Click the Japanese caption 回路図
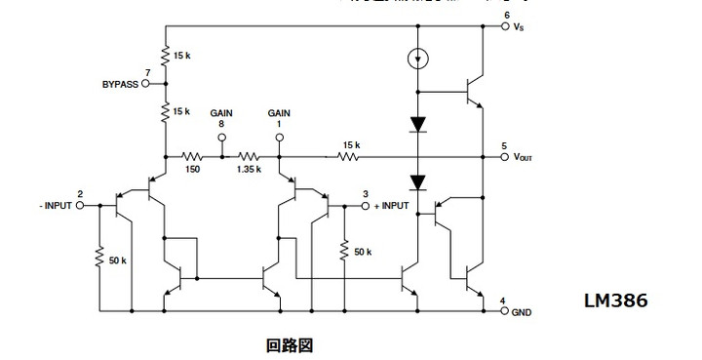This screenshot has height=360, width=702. coord(290,344)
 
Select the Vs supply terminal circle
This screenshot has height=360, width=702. coord(505,26)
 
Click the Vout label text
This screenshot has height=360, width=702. coord(524,157)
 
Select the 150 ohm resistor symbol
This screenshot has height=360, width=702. coord(192,156)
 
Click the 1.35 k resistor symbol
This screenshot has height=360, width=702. coord(250,156)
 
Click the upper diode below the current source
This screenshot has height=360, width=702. coord(417,125)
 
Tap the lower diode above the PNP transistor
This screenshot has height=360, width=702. coord(417,182)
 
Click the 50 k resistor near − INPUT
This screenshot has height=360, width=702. coord(98,260)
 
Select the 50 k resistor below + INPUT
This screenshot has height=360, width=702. coord(344,251)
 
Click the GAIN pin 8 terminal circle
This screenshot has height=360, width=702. coord(221,138)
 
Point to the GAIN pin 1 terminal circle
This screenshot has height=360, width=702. coord(279,138)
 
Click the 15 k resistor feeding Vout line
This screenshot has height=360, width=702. coord(348,156)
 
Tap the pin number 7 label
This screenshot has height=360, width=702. coord(146,73)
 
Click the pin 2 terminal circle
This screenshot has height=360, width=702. coord(81,206)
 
